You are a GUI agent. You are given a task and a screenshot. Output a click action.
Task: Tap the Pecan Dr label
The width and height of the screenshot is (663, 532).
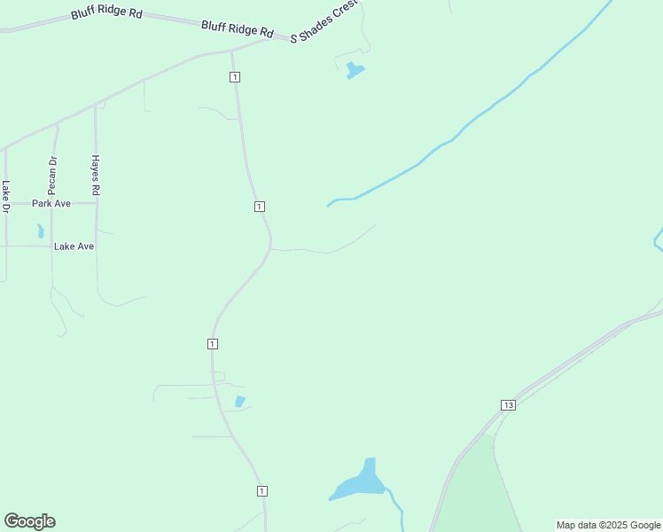(x=52, y=171)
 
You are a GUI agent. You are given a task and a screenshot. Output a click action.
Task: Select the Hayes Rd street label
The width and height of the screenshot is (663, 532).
(x=95, y=175)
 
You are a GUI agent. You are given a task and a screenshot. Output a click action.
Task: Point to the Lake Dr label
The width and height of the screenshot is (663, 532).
(x=5, y=197)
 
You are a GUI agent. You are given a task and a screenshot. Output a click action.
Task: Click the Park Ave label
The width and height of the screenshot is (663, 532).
(x=51, y=203)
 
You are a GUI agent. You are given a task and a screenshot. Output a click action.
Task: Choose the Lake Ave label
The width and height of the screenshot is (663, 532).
(x=74, y=246)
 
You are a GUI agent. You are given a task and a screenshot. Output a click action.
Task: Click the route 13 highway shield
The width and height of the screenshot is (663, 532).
(x=507, y=405)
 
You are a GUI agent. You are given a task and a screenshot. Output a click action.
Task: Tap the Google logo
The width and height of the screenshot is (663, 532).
(x=29, y=521)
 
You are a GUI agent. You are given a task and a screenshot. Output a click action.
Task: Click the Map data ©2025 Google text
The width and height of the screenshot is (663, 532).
(x=608, y=525)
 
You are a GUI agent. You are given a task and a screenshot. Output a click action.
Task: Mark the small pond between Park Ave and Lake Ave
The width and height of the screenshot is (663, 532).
(x=40, y=231)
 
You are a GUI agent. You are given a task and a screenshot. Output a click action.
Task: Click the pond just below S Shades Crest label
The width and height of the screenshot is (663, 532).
(x=355, y=69)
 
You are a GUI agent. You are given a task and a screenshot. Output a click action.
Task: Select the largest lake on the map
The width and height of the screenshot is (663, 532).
(x=362, y=482)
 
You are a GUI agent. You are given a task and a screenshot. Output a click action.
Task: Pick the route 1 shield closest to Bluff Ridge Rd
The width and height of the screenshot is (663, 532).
(x=234, y=77)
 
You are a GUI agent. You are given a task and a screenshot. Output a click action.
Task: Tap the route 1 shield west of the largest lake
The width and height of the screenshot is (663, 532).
(x=262, y=490)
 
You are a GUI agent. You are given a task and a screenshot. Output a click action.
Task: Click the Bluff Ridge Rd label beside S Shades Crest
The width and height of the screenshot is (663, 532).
(x=237, y=29)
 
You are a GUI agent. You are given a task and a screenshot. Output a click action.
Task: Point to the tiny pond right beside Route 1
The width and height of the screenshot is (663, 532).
(x=239, y=402)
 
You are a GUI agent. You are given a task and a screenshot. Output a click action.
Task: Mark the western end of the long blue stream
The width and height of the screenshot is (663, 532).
(x=329, y=205)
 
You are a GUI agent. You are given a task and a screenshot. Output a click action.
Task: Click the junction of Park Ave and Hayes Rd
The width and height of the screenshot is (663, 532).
(x=96, y=203)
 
